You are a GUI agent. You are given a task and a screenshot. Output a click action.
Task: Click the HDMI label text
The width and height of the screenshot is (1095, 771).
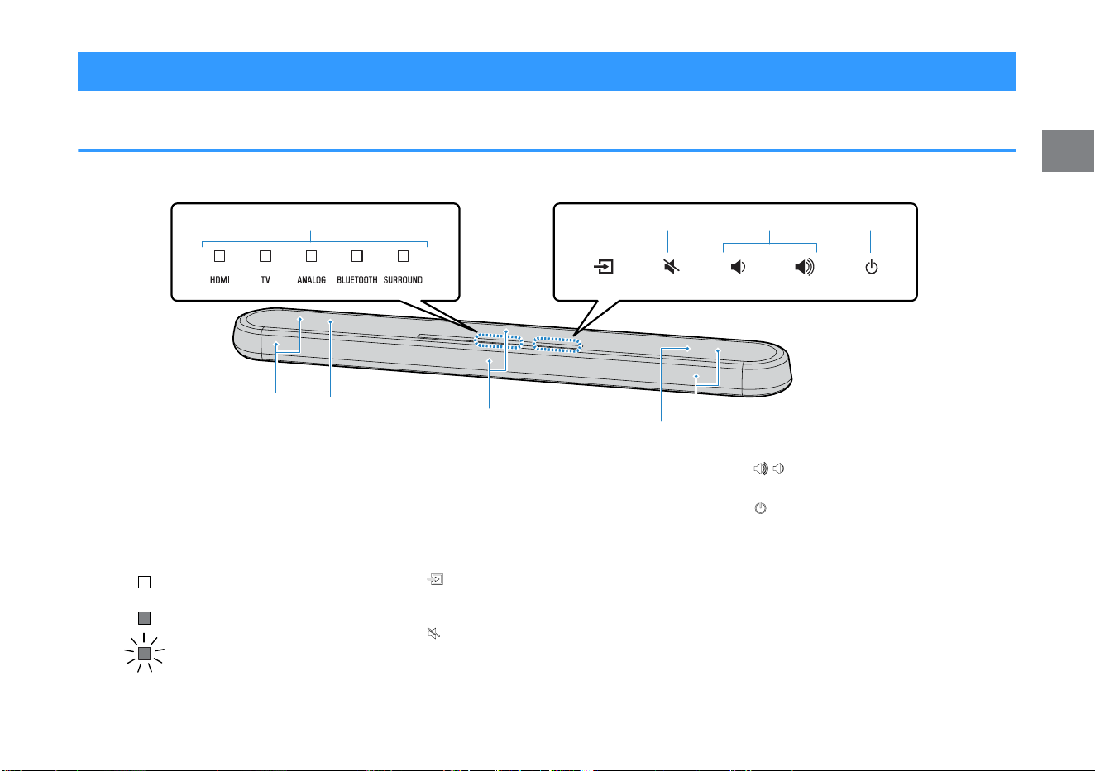[x=219, y=280]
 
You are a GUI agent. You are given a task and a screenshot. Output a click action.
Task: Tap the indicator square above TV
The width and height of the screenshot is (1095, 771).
[x=265, y=256]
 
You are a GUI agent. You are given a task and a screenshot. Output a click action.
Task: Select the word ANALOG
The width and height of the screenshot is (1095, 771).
[x=312, y=280]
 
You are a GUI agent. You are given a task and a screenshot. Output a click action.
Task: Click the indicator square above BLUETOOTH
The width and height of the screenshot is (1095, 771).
[x=357, y=256]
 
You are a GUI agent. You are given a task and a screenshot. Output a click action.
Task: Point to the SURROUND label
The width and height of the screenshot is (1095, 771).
[x=403, y=280]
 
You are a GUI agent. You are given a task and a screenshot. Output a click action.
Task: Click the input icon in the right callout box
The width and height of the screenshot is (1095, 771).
[x=604, y=267]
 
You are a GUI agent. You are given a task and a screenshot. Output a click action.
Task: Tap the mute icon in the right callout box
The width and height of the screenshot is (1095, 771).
[x=672, y=267]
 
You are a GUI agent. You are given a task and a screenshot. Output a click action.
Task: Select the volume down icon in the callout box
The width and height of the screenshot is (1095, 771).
[x=738, y=267]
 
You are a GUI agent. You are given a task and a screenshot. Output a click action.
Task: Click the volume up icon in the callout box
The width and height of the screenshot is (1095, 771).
[x=805, y=267]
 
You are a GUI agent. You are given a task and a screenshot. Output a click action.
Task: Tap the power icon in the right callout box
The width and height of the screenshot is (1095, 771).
[x=872, y=267]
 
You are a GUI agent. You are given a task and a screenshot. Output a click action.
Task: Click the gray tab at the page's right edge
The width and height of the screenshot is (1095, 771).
[x=1068, y=150]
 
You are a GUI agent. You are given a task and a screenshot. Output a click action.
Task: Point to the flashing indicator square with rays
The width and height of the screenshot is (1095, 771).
[x=144, y=654]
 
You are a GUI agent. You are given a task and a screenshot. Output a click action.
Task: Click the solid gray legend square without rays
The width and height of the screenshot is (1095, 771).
[x=145, y=618]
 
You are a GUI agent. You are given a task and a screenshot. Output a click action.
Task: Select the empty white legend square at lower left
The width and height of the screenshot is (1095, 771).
[x=145, y=582]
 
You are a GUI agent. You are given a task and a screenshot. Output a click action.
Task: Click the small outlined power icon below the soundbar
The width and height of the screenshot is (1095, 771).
[x=761, y=508]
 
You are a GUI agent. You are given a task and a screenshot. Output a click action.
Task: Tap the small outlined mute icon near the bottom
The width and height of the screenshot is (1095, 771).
[x=433, y=634]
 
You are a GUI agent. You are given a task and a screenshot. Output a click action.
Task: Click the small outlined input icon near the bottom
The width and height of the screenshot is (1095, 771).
[x=435, y=579]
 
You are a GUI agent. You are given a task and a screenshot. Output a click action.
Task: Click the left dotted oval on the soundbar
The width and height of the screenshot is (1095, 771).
[x=498, y=341]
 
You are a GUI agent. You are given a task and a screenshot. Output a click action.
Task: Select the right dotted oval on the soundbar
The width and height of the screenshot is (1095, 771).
[x=557, y=345]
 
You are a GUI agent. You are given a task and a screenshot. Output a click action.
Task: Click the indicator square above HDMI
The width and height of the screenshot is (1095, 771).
[x=219, y=256]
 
